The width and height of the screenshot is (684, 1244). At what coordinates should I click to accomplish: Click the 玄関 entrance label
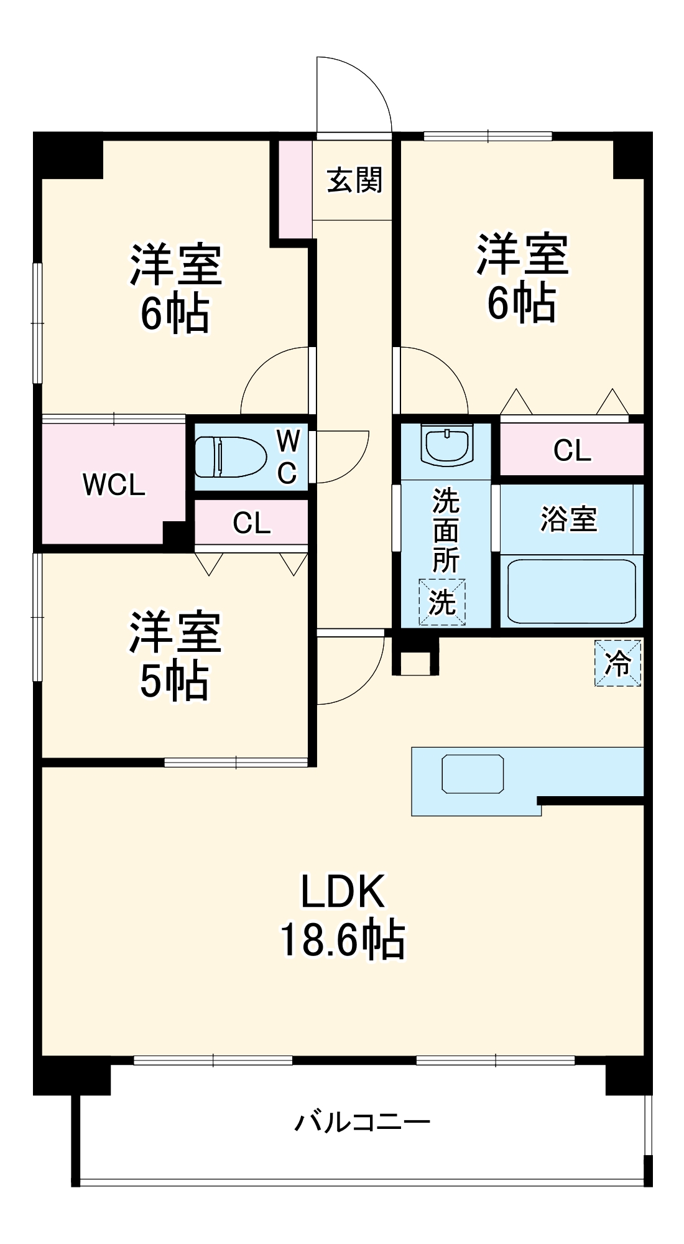click(x=354, y=180)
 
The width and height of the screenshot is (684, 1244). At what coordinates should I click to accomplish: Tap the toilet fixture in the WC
click(x=230, y=457)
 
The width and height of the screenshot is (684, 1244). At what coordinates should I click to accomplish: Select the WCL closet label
click(x=114, y=485)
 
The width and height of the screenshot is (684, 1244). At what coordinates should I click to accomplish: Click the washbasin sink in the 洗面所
click(x=447, y=445)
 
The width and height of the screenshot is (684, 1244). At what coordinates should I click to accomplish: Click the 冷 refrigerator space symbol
click(x=617, y=663)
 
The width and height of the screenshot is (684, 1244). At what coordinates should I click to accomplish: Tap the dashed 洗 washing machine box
click(x=442, y=602)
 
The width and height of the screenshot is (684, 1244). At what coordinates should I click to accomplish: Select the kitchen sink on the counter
click(x=473, y=774)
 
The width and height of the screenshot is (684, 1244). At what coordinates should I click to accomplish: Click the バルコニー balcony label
click(x=363, y=1122)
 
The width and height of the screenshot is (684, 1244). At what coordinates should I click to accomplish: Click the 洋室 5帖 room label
click(x=175, y=657)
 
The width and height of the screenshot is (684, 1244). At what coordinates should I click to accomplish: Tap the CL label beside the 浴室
click(x=572, y=450)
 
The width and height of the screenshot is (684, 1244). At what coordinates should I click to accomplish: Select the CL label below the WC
click(x=252, y=523)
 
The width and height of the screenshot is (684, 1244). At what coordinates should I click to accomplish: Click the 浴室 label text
click(x=569, y=519)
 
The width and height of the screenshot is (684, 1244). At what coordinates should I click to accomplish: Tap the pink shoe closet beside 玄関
click(x=295, y=189)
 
